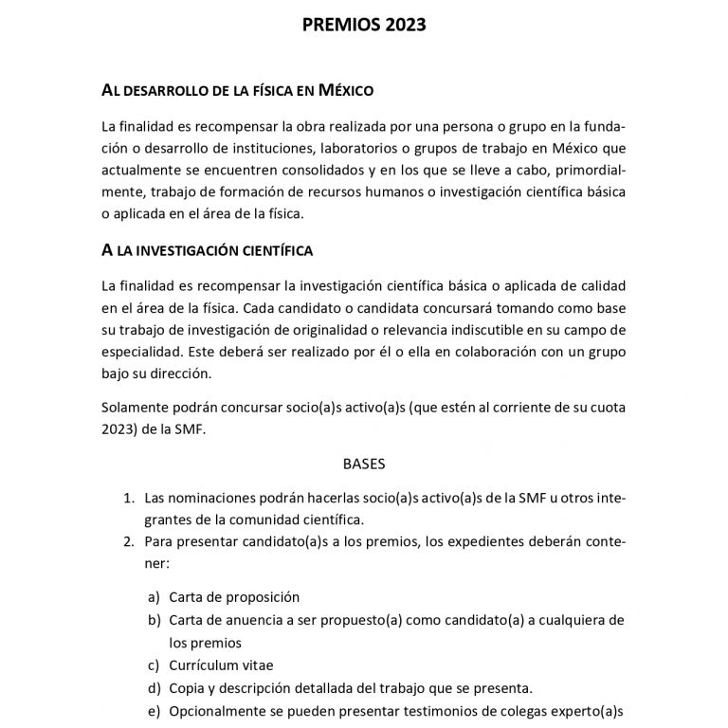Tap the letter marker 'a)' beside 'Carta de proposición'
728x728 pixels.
(154, 597)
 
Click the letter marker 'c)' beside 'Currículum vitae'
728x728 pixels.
(154, 664)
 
